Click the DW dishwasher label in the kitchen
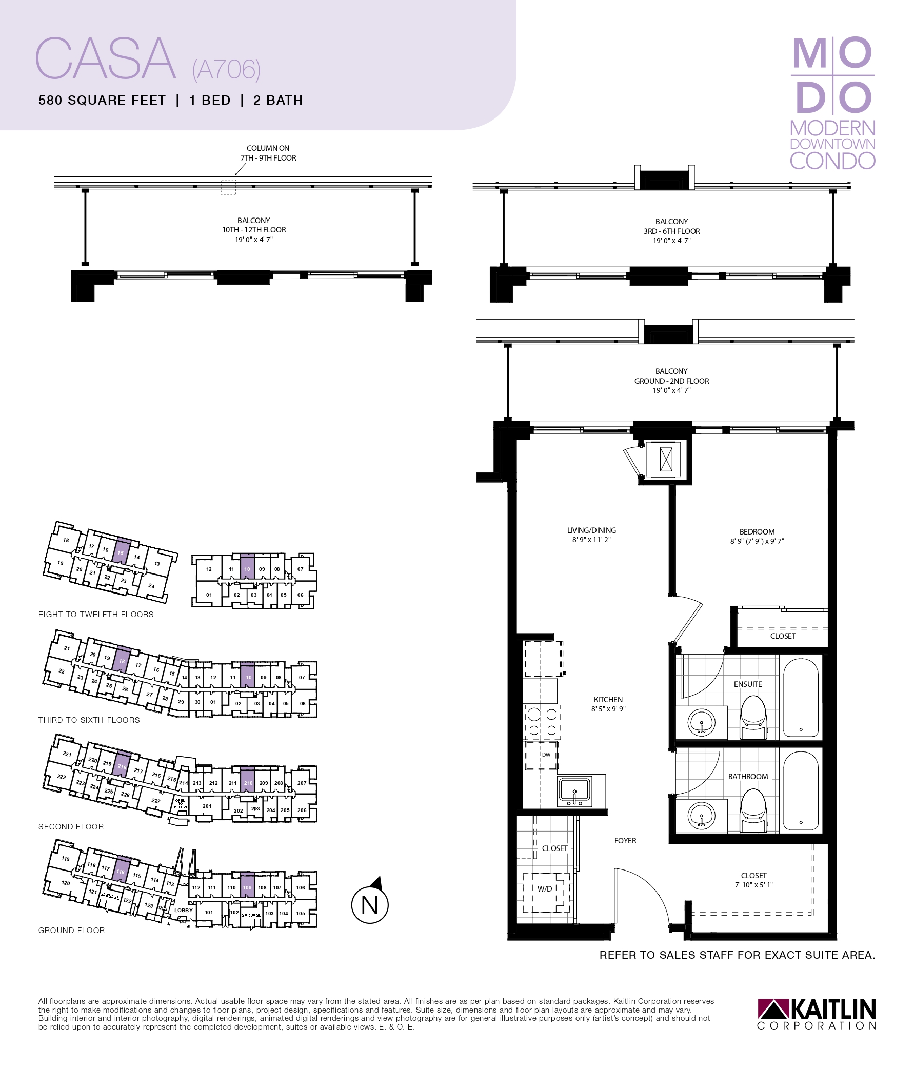(546, 755)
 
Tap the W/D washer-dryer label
(544, 888)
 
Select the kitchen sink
(575, 790)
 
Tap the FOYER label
(625, 841)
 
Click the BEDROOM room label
(757, 532)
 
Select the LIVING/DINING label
(591, 530)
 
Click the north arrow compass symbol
(370, 903)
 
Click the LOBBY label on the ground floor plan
(183, 911)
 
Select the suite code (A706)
(226, 70)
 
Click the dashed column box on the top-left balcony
(228, 187)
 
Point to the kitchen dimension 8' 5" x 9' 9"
(608, 709)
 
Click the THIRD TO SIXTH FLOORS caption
(89, 720)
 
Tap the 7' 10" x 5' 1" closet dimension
(753, 885)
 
